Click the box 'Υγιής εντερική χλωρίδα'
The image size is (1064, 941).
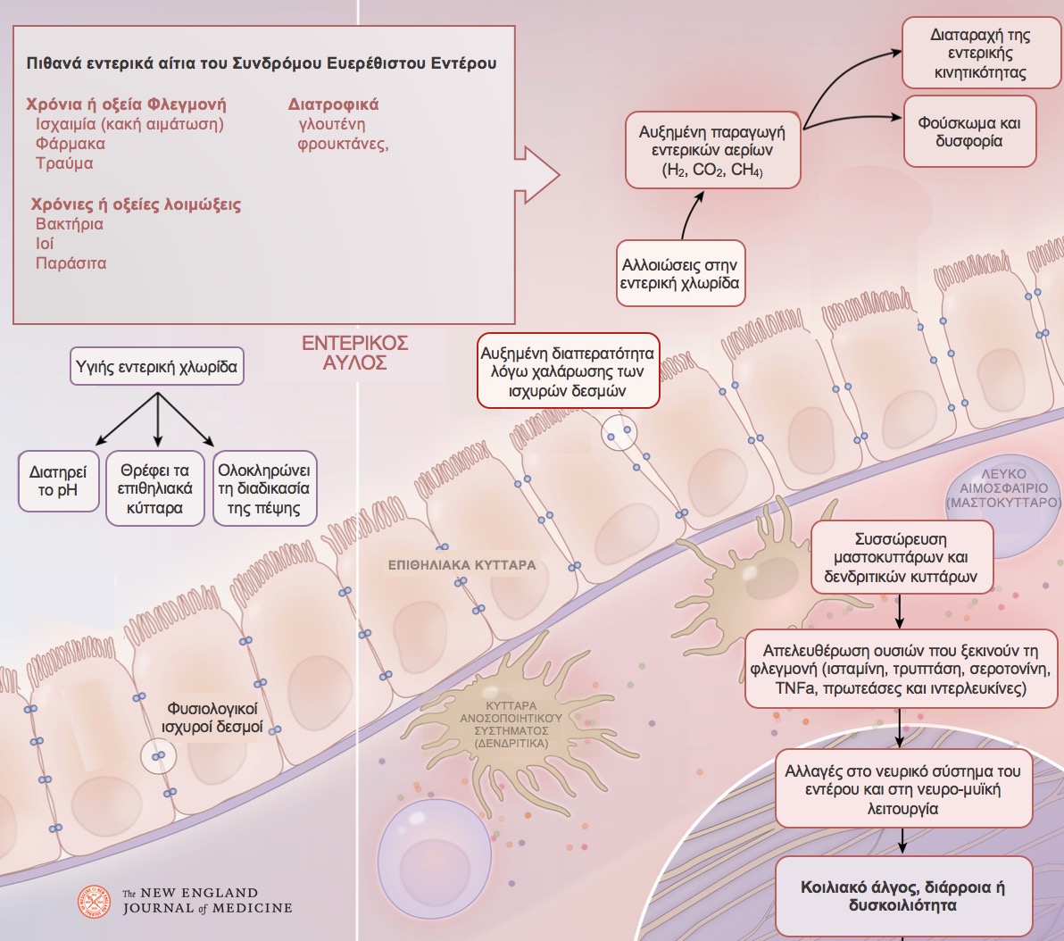157,367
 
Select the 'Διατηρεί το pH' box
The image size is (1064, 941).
58,480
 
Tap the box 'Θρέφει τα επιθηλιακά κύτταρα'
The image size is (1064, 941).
154,488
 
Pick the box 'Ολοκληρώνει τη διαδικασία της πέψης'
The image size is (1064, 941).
264,488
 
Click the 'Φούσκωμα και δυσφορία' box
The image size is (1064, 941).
969,132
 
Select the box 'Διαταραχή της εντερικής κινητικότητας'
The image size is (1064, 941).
980,53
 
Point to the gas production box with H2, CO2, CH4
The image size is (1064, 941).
712,150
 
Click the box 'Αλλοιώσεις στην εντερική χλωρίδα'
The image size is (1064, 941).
680,273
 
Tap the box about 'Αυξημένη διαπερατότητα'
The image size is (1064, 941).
568,371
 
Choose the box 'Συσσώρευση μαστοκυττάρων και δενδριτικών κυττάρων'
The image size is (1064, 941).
902,557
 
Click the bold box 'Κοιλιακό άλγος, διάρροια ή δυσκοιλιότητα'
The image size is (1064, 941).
903,896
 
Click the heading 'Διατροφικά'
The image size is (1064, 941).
333,104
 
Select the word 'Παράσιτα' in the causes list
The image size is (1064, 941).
71,263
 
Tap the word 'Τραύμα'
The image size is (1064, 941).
64,163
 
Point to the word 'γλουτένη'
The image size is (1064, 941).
332,124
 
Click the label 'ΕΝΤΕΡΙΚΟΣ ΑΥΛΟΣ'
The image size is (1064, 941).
355,353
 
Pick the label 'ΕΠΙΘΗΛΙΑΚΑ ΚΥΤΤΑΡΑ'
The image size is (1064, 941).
462,565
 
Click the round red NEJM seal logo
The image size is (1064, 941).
95,902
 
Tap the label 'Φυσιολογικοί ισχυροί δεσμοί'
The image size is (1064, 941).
212,718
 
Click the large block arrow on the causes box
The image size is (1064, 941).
536,174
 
